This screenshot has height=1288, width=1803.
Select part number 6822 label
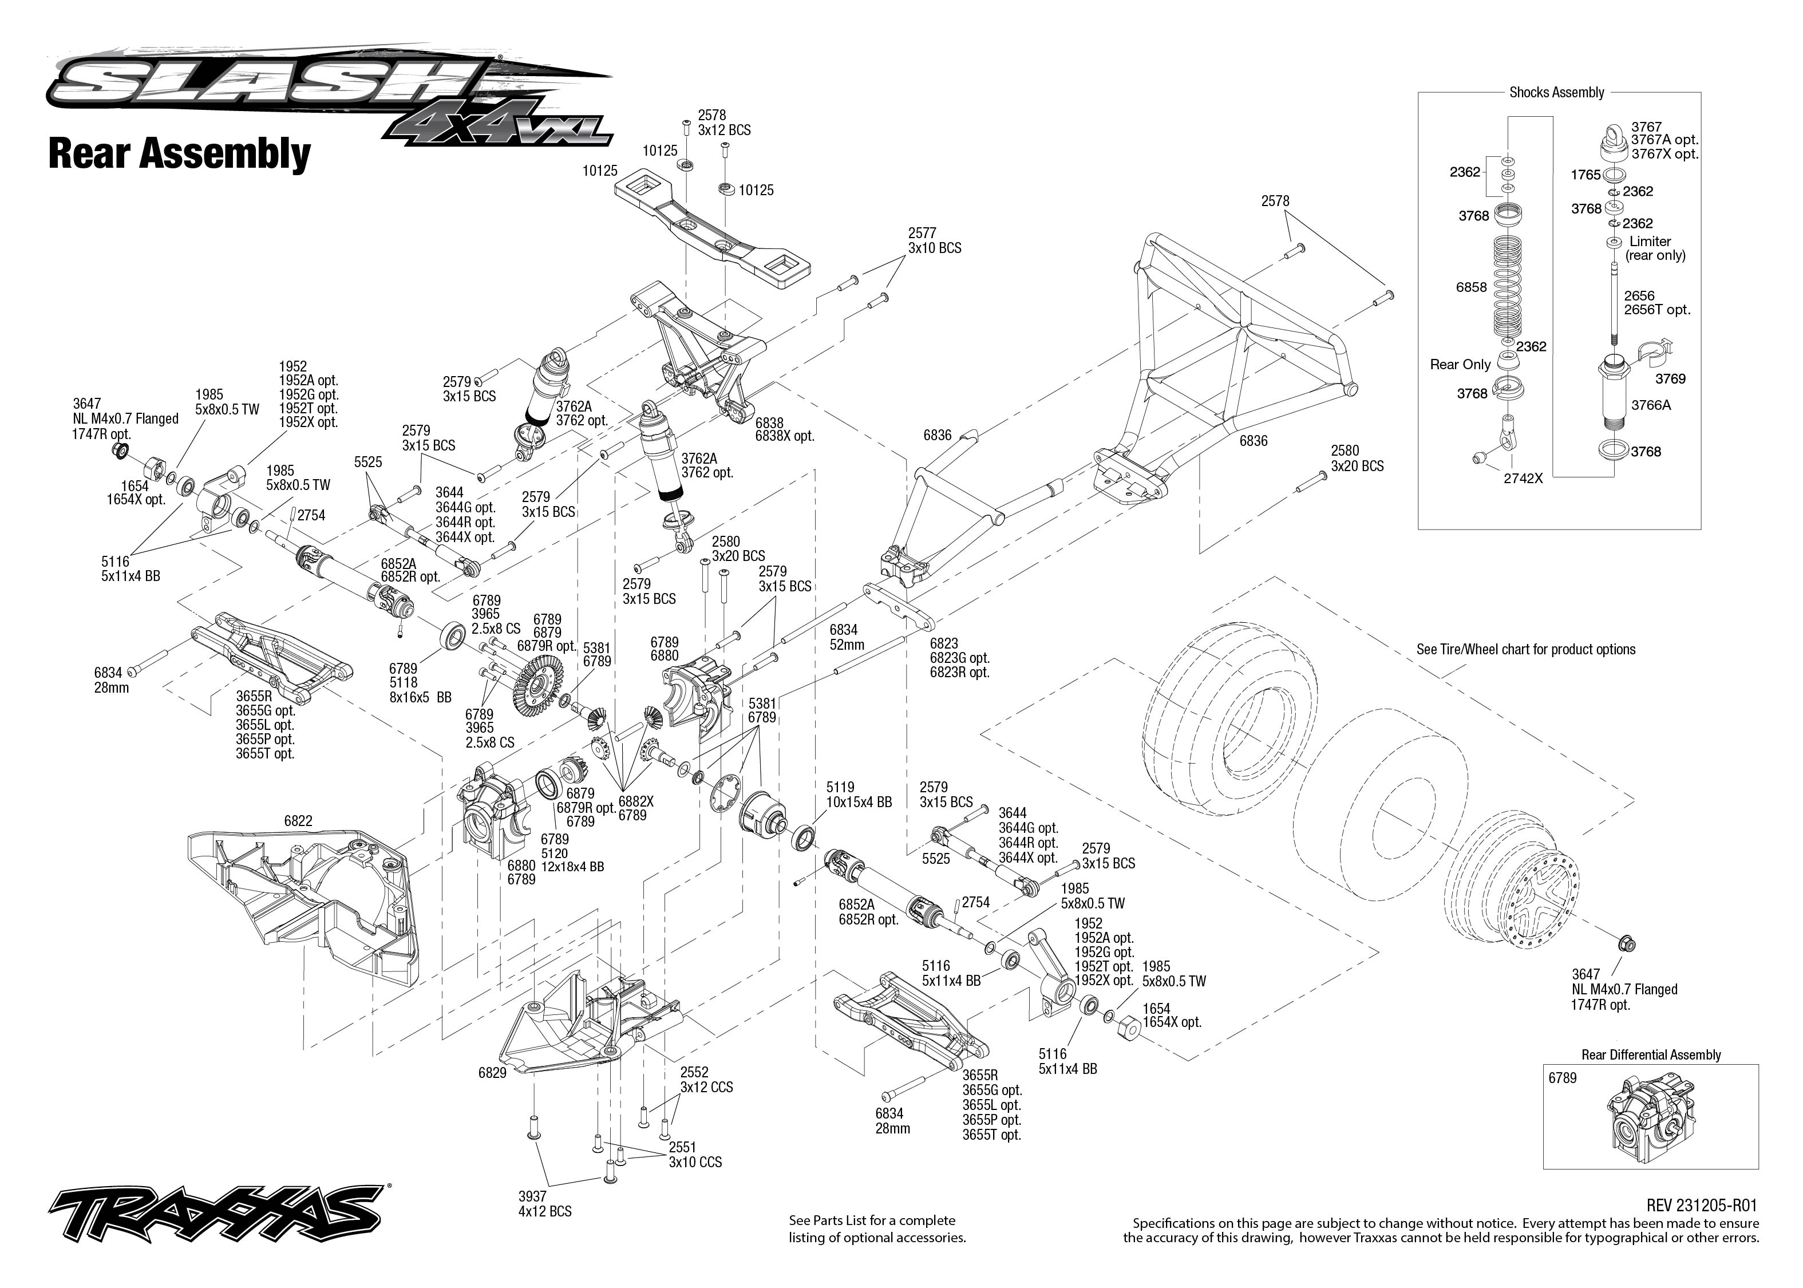(298, 821)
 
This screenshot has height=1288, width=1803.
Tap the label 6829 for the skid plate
(492, 1073)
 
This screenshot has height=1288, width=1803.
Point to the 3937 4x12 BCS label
(545, 1204)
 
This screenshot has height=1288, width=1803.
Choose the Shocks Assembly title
(1556, 92)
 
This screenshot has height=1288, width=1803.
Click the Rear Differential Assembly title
(1651, 1055)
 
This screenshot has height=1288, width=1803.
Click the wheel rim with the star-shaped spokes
(1512, 895)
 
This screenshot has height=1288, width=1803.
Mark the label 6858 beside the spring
(1471, 287)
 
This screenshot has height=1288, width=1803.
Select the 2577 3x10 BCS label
(934, 240)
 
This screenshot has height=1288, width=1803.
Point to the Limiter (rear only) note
(1655, 248)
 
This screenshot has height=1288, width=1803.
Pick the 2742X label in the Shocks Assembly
(1523, 478)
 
